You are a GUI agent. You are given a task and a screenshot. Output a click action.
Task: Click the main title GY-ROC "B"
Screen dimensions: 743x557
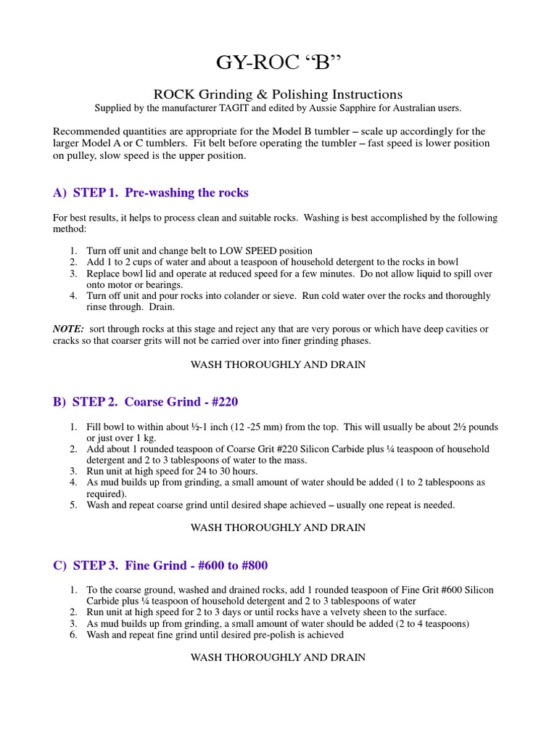tap(278, 63)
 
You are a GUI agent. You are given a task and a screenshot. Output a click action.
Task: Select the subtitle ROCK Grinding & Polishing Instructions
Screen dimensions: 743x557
tap(278, 94)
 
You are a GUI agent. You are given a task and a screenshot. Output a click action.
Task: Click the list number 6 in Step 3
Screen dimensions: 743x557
tap(73, 635)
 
